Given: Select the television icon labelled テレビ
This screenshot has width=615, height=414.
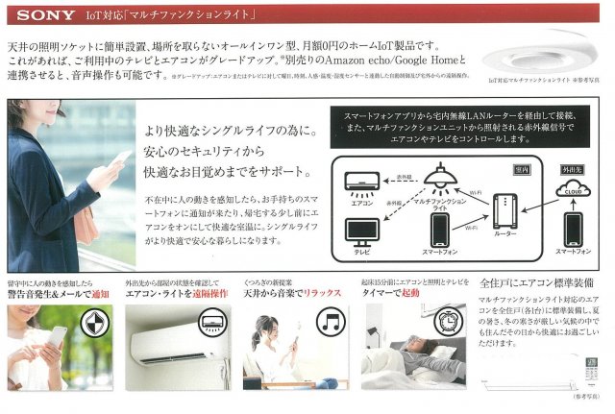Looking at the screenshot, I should point(362,231).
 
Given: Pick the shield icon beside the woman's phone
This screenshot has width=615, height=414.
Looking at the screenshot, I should point(96,323).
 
